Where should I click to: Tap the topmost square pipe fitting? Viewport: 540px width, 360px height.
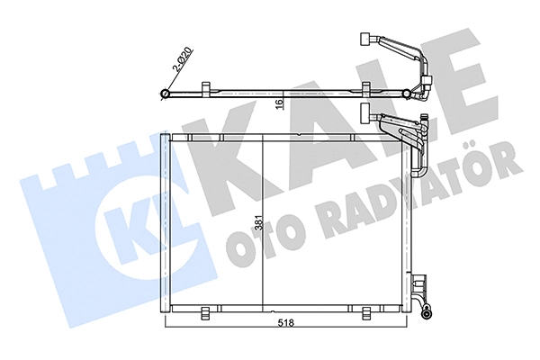pos(365,39)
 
